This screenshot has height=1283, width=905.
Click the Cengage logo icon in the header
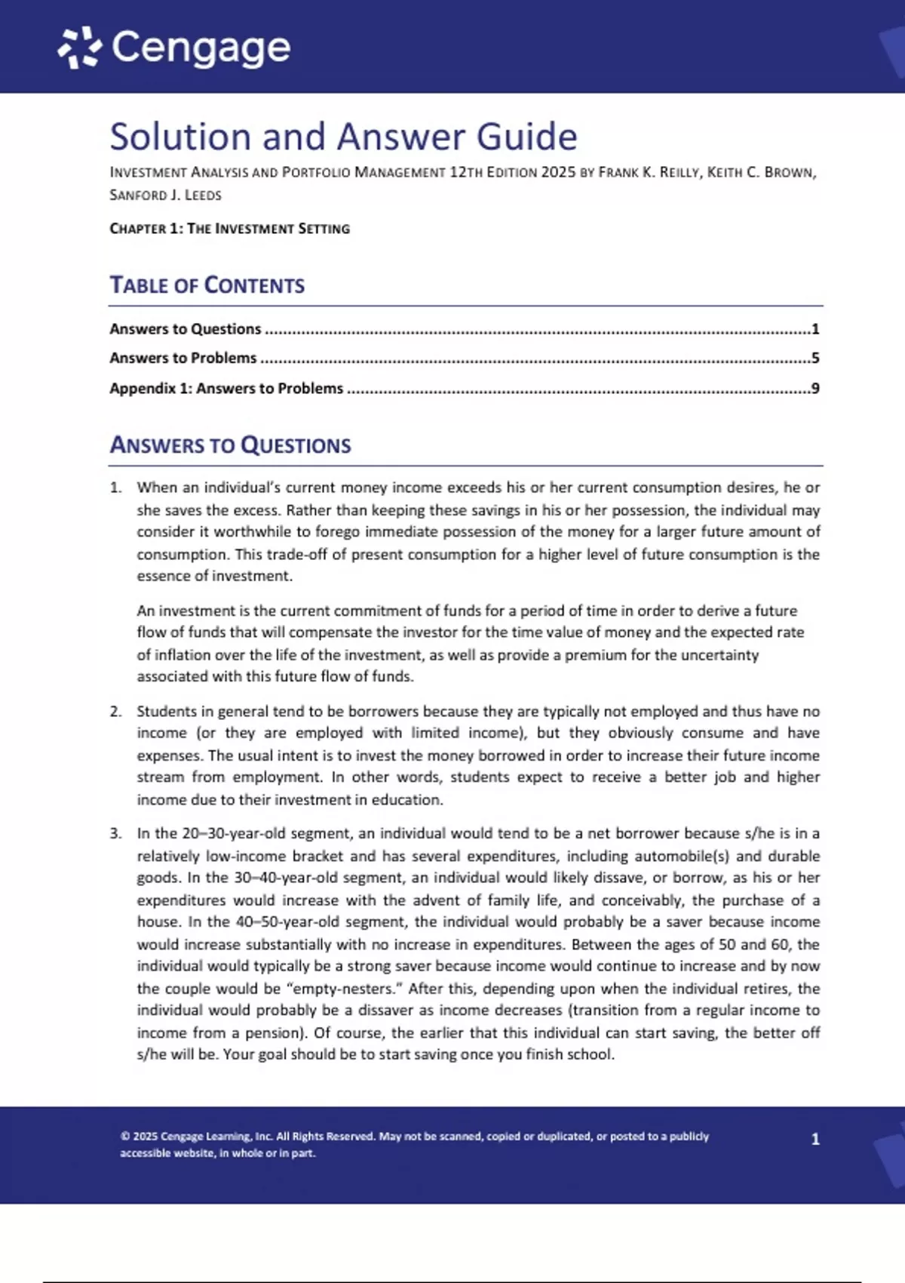pyautogui.click(x=79, y=48)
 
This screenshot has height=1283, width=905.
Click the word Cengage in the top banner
pyautogui.click(x=201, y=48)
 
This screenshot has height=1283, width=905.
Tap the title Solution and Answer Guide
pyautogui.click(x=343, y=137)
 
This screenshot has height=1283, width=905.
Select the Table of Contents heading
pyautogui.click(x=207, y=285)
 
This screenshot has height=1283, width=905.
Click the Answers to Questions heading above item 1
pyautogui.click(x=230, y=445)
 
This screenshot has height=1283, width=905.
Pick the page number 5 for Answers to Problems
pyautogui.click(x=815, y=358)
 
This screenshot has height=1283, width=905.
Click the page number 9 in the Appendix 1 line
pyautogui.click(x=815, y=388)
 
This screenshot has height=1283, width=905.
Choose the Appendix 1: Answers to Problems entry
pyautogui.click(x=226, y=388)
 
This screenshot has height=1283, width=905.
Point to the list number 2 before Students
pyautogui.click(x=115, y=711)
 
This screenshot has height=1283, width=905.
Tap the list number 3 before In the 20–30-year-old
pyautogui.click(x=115, y=833)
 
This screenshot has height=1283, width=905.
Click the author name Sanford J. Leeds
pyautogui.click(x=165, y=195)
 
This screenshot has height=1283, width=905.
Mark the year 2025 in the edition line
pyautogui.click(x=558, y=172)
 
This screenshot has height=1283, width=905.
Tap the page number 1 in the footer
pyautogui.click(x=815, y=1139)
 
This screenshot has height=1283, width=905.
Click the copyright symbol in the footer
pyautogui.click(x=124, y=1136)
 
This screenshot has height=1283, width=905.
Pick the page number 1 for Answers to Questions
pyautogui.click(x=815, y=328)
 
